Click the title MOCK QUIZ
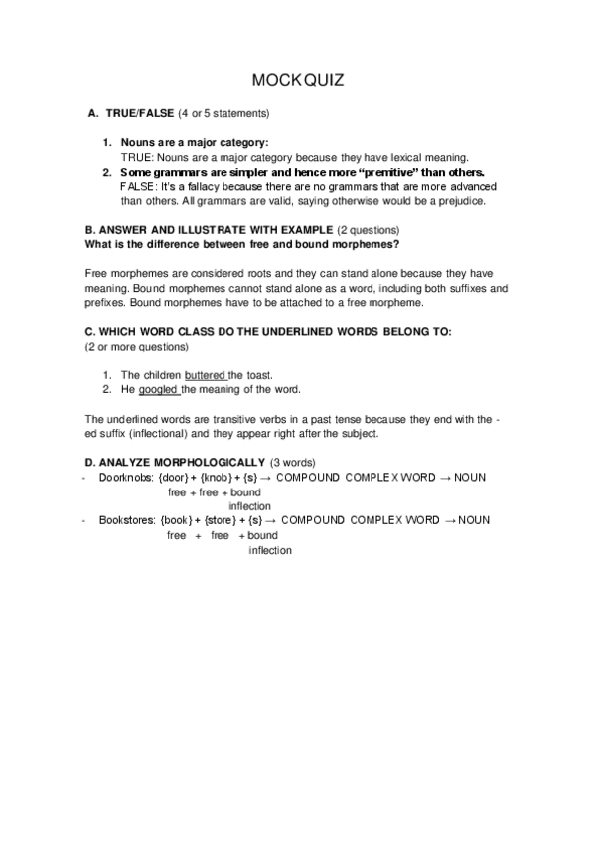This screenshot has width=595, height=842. pos(297,80)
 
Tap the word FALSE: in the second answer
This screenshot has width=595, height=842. pos(137,186)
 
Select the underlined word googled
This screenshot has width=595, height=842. pos(158,389)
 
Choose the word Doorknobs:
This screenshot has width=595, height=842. pos(125,478)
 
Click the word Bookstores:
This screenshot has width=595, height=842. pos(127,520)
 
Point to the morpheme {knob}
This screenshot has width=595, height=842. pos(220,478)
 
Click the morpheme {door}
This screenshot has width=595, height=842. pos(175,478)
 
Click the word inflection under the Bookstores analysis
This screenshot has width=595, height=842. pos(269,550)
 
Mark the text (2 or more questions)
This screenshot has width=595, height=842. pos(134,346)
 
